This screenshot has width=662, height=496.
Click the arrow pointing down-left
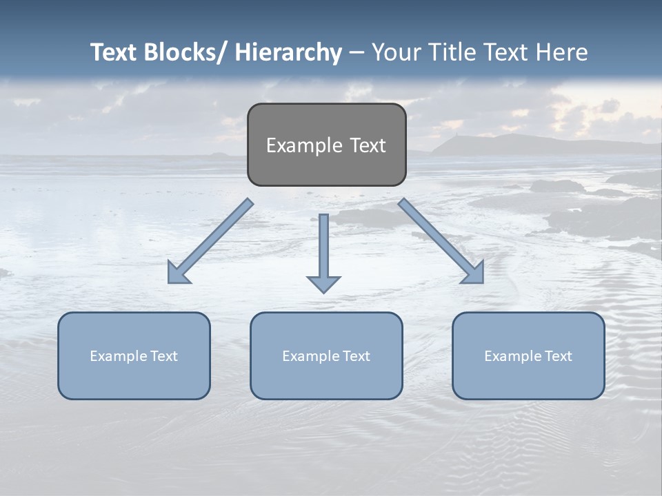tap(210, 241)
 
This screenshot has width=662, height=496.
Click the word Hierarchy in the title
tap(288, 52)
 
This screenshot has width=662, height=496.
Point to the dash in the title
tap(357, 53)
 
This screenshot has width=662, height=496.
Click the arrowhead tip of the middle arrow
tap(323, 291)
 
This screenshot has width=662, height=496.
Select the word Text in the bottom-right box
tap(558, 356)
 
